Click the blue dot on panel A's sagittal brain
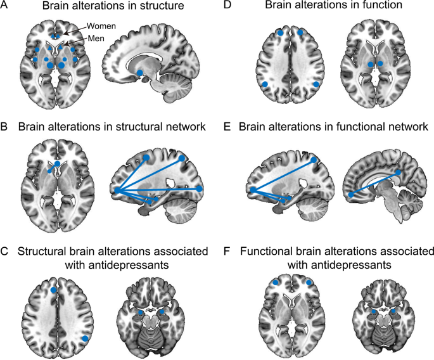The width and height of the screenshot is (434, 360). tap(139, 74)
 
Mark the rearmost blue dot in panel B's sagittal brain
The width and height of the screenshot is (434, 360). tap(200, 189)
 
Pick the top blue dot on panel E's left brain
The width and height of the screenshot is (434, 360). tap(315, 161)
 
